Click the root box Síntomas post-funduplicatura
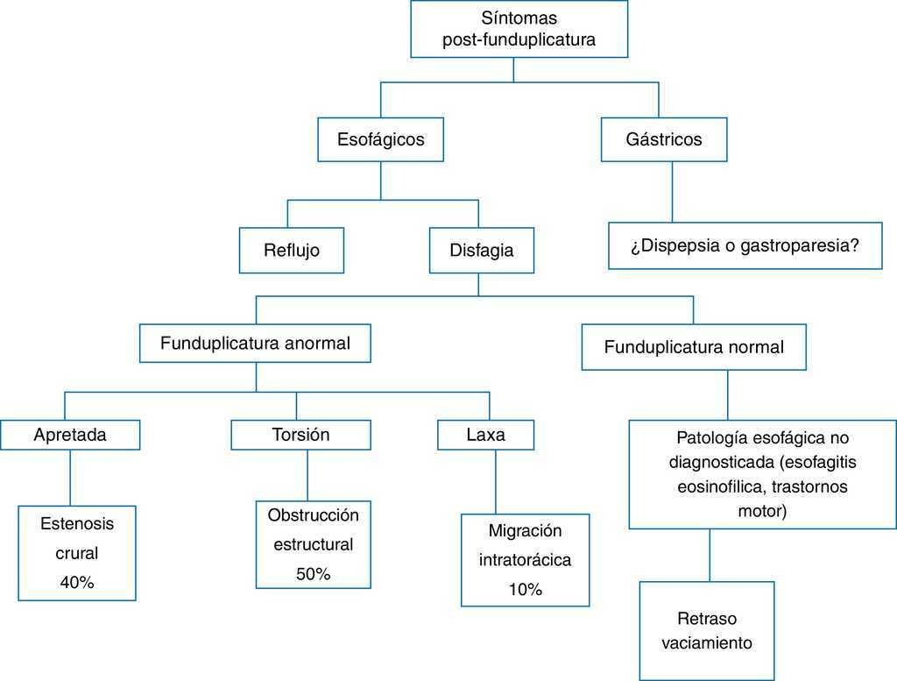click(x=519, y=29)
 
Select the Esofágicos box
click(x=380, y=139)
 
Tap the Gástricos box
click(x=664, y=139)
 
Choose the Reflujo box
click(x=292, y=250)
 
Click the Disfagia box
click(x=481, y=250)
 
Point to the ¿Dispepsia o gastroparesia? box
click(x=745, y=245)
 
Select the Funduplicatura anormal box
click(x=255, y=344)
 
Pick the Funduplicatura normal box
click(x=694, y=347)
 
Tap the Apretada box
click(x=70, y=435)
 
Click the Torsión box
click(x=300, y=435)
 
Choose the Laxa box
click(x=485, y=435)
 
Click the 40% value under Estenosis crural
click(x=77, y=582)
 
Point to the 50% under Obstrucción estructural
click(x=313, y=574)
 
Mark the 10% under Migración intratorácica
click(x=525, y=590)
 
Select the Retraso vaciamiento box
click(x=707, y=629)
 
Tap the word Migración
click(x=525, y=530)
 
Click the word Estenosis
click(x=77, y=524)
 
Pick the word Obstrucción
click(x=313, y=514)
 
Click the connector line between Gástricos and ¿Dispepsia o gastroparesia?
click(x=673, y=192)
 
